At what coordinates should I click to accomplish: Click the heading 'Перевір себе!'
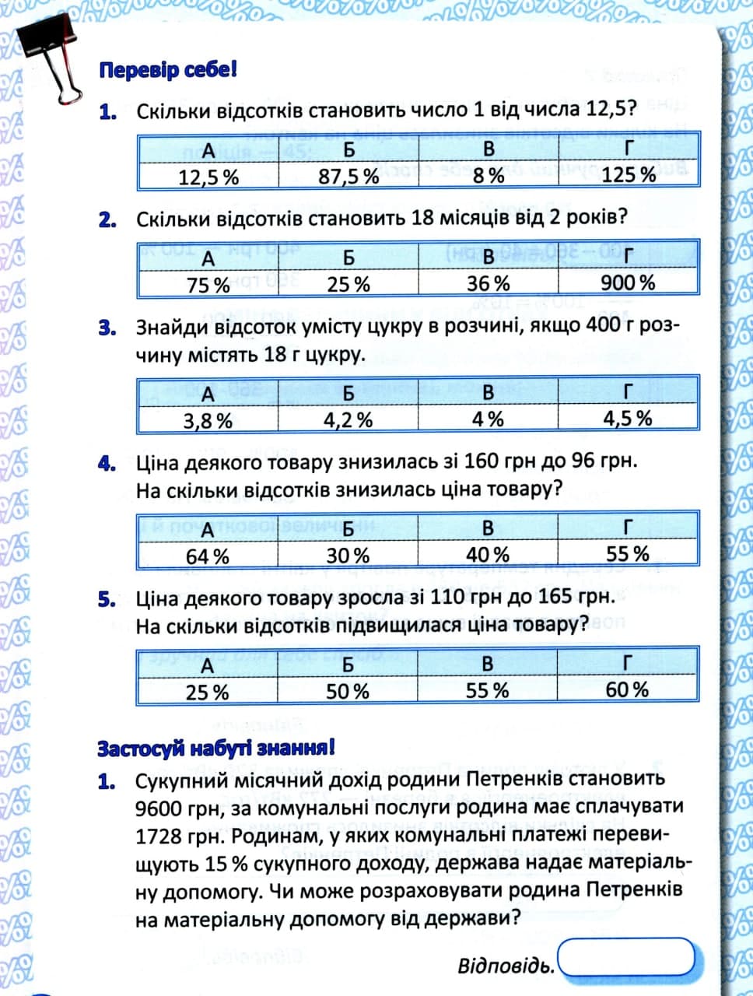(x=167, y=70)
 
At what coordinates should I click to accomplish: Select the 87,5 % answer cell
(x=348, y=177)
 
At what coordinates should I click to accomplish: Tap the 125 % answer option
(x=629, y=175)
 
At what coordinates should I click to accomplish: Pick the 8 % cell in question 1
(x=489, y=176)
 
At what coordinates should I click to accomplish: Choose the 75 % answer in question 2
(x=208, y=285)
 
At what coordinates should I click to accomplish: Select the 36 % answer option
(x=489, y=283)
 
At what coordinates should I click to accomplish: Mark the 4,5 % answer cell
(x=628, y=419)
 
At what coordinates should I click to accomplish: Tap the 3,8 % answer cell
(x=208, y=421)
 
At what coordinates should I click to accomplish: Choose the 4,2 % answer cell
(x=348, y=420)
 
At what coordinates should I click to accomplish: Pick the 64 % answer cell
(x=208, y=556)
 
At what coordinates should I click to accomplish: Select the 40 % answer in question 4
(x=488, y=555)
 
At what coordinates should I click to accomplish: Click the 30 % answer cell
(x=348, y=556)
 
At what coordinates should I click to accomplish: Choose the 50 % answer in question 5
(x=348, y=691)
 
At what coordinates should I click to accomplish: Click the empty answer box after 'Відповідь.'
(x=626, y=956)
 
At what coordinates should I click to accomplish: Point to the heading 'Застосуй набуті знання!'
(x=217, y=749)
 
